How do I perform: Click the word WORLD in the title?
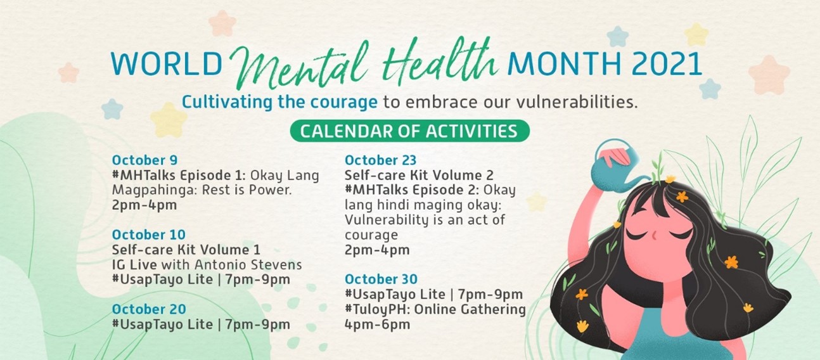pos(167,64)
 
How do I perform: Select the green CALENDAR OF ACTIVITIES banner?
pos(409,131)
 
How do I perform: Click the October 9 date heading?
pos(144,160)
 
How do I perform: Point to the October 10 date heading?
pos(149,235)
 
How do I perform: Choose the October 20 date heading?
pos(149,309)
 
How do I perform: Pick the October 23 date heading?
pos(381,160)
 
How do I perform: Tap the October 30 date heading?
pos(381,279)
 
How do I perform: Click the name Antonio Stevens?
pos(248,264)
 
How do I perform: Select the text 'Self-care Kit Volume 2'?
pos(419,175)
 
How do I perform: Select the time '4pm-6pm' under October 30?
pos(378,325)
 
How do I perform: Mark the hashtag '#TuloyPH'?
pos(376,310)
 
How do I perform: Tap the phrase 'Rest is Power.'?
pos(247,190)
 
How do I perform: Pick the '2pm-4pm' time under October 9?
pos(144,205)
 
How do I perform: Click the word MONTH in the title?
pos(564,64)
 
